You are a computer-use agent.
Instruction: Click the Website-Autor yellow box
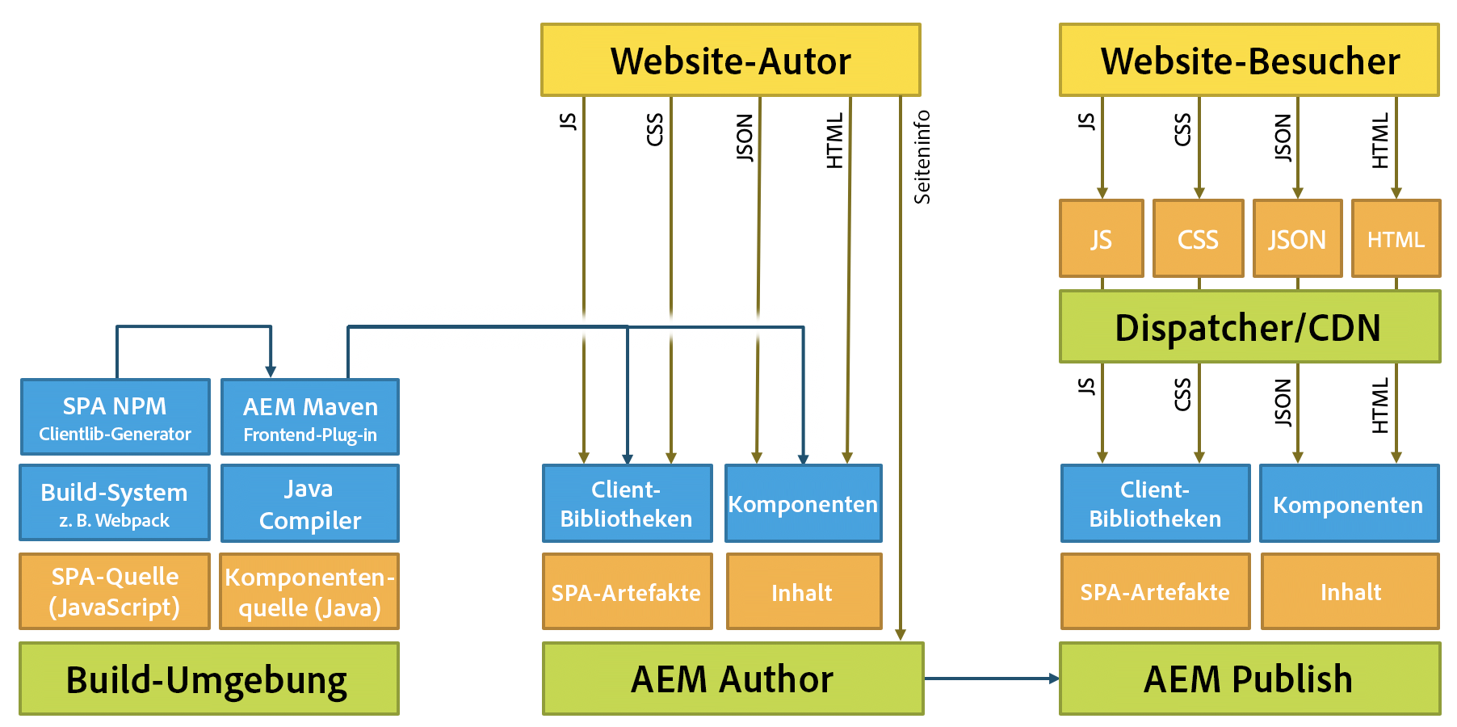(730, 61)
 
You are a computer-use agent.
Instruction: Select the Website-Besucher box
(1249, 61)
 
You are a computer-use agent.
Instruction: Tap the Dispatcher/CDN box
(1249, 327)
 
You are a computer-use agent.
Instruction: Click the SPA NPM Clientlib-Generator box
(115, 417)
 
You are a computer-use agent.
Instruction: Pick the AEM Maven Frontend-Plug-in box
(310, 418)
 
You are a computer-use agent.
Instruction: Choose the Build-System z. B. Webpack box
(115, 502)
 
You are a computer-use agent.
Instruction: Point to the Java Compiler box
(310, 503)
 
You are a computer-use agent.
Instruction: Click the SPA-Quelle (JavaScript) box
(115, 591)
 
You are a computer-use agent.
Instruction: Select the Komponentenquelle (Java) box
(310, 591)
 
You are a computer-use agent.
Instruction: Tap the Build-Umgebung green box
(208, 679)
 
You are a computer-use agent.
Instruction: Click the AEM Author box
(733, 679)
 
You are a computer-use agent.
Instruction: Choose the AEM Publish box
(1249, 679)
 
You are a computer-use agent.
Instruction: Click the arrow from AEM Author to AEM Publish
(991, 679)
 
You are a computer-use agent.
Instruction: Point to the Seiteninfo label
(922, 157)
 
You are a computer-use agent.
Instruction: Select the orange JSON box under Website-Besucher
(1297, 239)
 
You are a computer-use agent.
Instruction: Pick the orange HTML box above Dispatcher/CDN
(1396, 239)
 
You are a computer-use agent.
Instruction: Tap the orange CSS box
(1198, 239)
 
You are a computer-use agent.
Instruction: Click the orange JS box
(1101, 239)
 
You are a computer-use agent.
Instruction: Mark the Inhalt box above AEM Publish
(1350, 592)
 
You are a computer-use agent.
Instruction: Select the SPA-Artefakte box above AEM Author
(627, 592)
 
